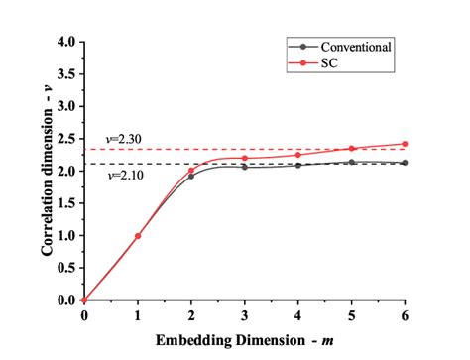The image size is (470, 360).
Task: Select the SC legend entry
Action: click(x=322, y=61)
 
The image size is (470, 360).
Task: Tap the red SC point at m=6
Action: click(x=405, y=144)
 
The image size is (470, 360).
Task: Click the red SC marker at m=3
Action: click(x=244, y=158)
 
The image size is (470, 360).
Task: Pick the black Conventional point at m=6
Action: click(x=405, y=163)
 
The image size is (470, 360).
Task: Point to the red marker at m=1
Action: click(x=138, y=236)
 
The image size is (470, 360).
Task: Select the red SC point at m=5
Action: click(x=351, y=149)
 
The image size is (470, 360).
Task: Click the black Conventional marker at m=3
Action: click(x=244, y=167)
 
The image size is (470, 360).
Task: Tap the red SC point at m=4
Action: click(x=297, y=155)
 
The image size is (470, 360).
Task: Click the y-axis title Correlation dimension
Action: click(x=47, y=171)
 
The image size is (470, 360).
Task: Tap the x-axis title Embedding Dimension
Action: click(x=243, y=340)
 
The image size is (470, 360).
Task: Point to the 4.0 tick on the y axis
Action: click(x=67, y=43)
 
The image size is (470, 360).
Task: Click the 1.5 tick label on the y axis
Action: click(x=67, y=203)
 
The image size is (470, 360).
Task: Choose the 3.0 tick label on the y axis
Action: click(x=67, y=107)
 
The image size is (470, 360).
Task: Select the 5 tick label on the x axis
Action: click(x=351, y=315)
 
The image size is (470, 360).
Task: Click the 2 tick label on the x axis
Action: click(x=191, y=315)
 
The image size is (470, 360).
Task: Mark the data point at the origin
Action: click(x=84, y=300)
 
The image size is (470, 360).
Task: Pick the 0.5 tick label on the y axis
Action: click(x=67, y=268)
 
